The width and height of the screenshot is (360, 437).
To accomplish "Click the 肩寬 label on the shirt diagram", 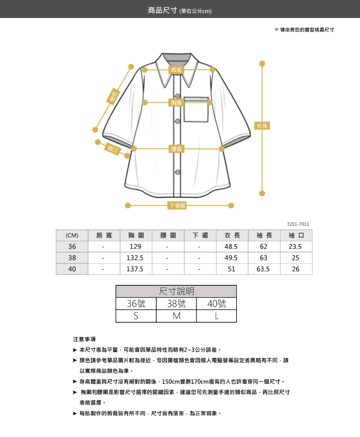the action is point(176,70).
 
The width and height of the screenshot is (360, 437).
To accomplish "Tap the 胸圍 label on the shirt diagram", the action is point(176,103).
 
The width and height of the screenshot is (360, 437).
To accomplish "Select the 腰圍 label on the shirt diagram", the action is point(176,149).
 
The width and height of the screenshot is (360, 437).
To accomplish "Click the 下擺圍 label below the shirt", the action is point(177,205).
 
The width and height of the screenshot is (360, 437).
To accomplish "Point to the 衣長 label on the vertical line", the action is point(262,126).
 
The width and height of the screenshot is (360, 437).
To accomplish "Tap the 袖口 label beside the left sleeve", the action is point(113,149).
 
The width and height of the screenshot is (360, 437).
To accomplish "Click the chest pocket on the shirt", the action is point(196,109).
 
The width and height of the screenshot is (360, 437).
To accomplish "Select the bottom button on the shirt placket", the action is point(177,172).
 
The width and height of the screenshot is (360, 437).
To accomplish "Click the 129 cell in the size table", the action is point(135,247).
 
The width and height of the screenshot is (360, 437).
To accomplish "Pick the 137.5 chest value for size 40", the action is point(135,269).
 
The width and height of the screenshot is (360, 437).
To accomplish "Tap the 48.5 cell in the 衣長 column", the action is point(231,247).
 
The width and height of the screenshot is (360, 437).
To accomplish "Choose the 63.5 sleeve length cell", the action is point(263,269).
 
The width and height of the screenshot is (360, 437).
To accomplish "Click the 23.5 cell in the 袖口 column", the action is point(295,247).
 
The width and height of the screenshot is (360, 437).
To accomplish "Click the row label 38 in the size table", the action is point(72,258).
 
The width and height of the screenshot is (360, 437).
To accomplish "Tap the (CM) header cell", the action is point(72,235).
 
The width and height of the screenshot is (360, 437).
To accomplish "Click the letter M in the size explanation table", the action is point(176,316).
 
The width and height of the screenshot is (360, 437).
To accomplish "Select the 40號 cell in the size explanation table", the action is point(216,304).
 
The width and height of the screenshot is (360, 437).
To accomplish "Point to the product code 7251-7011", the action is point(298,224).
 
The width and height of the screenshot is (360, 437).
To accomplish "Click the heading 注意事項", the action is point(84,339).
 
